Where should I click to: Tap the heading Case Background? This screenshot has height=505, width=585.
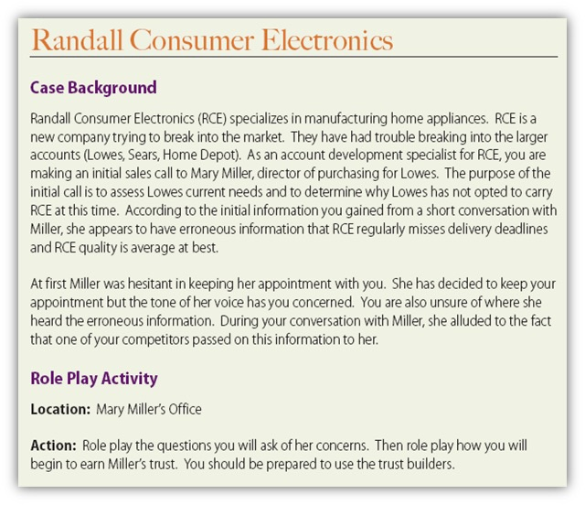93,88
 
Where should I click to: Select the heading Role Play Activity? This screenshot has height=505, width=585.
93,378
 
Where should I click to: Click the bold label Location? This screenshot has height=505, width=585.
61,409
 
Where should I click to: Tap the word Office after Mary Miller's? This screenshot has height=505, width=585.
181,409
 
